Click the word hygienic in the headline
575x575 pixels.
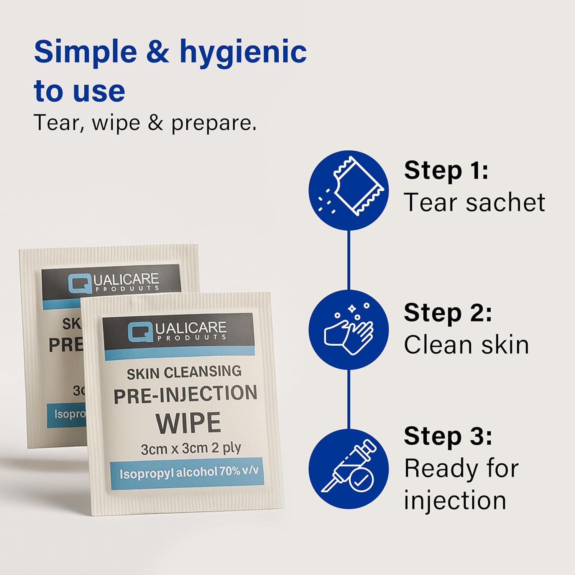click(x=243, y=53)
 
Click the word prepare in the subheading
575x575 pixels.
click(x=214, y=123)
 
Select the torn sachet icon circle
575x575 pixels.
click(x=348, y=191)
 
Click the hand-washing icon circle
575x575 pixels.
click(x=348, y=330)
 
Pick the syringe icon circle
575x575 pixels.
click(x=348, y=469)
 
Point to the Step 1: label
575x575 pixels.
click(x=446, y=170)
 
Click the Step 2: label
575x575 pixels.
click(x=448, y=313)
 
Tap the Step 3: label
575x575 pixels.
click(x=448, y=436)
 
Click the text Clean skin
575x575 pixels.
click(x=466, y=345)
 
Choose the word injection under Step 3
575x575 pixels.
click(x=455, y=500)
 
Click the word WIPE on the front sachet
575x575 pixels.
click(x=188, y=423)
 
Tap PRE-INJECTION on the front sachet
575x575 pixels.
click(x=185, y=395)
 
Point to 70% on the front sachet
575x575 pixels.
click(x=230, y=472)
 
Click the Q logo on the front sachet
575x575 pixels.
click(x=139, y=332)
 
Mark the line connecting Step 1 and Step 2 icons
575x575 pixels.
click(x=348, y=260)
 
